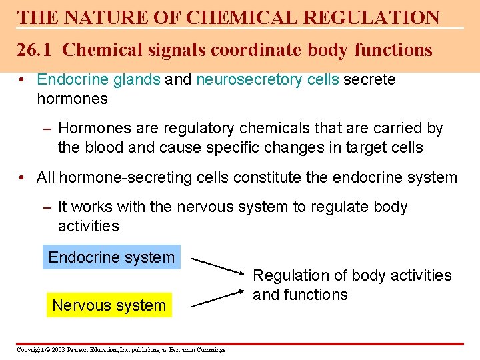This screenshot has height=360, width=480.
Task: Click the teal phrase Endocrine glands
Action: pos(99,80)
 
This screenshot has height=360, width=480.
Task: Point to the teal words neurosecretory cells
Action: pos(268,80)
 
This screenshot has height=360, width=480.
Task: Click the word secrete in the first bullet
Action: pos(371,80)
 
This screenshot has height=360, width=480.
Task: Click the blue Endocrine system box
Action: pos(111,257)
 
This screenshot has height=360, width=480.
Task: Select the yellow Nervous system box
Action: pos(109,305)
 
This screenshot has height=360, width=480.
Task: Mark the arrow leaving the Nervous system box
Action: pos(217,297)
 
